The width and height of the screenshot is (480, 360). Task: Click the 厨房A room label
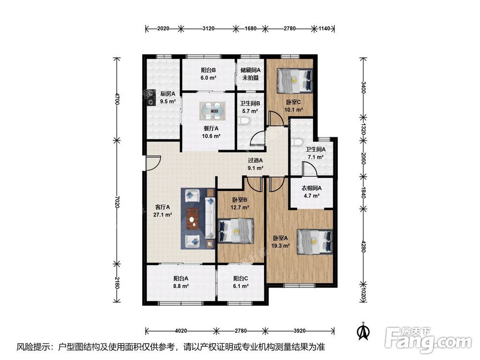tap(168, 94)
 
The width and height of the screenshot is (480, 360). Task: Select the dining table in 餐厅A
tap(213, 111)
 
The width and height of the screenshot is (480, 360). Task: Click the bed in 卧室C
tap(295, 81)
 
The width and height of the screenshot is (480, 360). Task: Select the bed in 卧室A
tap(315, 241)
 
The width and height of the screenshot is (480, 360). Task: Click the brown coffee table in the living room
tap(192, 218)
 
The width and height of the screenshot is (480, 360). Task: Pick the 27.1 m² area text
tap(162, 215)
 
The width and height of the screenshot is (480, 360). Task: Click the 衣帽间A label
tap(312, 188)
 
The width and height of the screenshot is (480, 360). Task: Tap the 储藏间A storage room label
tap(251, 70)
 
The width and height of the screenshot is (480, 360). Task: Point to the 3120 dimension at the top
tap(208, 28)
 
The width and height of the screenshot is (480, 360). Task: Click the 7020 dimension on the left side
tap(116, 202)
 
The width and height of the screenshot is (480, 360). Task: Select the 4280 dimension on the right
tap(363, 246)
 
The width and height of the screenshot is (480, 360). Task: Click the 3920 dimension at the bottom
tap(300, 331)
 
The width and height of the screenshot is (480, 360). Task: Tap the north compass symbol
tap(364, 331)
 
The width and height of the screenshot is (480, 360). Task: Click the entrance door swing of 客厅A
tap(153, 163)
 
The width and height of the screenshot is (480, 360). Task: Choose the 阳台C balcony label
tap(240, 278)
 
